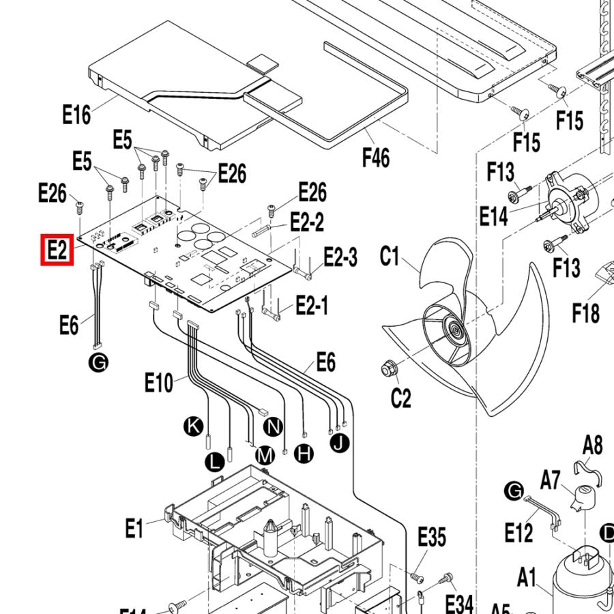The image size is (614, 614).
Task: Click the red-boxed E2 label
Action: tap(57, 250)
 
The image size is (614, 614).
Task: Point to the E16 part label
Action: tap(76, 115)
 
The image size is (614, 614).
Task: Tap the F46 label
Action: tap(375, 158)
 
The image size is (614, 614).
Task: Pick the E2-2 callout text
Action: tap(307, 222)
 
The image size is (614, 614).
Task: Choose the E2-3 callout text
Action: tap(340, 258)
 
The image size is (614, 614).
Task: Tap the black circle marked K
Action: tap(194, 427)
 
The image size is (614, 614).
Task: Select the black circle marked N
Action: tap(273, 427)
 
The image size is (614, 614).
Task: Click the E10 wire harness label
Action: tap(159, 383)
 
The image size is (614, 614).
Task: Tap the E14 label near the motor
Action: tap(494, 217)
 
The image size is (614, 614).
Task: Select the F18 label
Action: tap(586, 313)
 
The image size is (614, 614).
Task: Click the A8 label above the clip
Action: tap(592, 445)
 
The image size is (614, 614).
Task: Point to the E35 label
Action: tap(431, 537)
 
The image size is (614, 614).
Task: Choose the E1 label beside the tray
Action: tap(134, 527)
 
